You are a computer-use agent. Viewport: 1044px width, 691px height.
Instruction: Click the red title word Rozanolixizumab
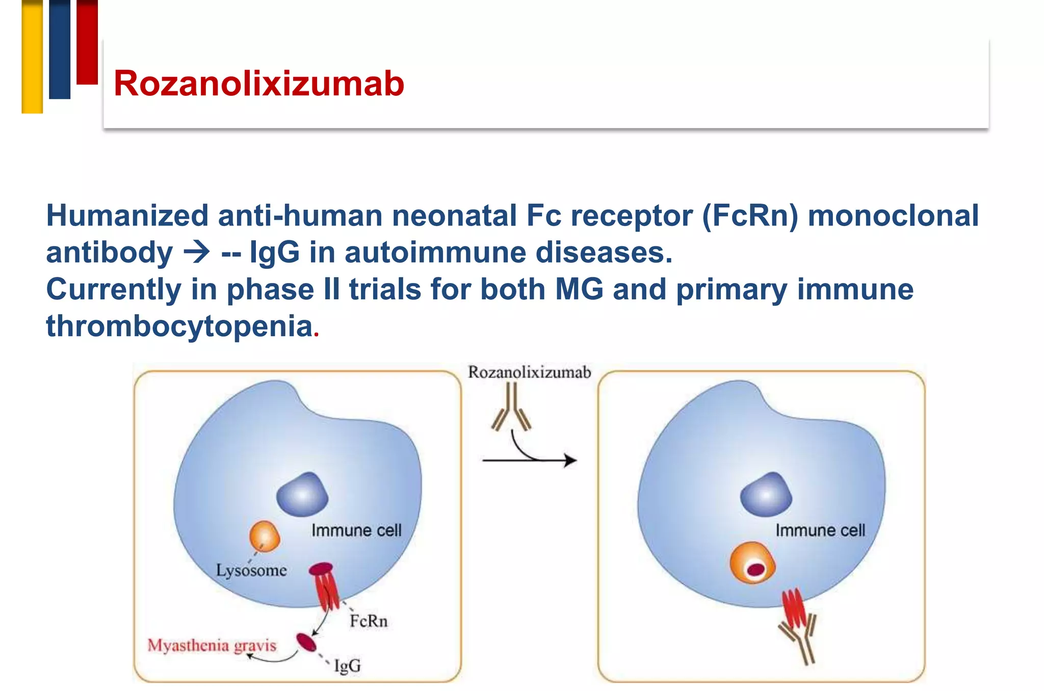tap(259, 84)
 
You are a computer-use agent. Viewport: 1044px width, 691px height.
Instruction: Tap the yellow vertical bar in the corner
tap(32, 56)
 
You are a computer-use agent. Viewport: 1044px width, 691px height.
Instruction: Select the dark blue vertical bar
tap(60, 49)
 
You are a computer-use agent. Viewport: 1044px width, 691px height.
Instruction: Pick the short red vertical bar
tap(87, 42)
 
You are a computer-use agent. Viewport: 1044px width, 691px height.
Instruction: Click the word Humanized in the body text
tap(127, 215)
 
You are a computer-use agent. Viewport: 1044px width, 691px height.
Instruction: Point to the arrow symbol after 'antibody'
tap(197, 252)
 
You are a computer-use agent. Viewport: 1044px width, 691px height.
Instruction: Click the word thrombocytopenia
tap(179, 326)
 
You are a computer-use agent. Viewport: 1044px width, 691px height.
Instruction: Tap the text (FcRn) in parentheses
tap(749, 215)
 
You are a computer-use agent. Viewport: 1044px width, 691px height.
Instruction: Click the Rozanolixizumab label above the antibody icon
tap(529, 372)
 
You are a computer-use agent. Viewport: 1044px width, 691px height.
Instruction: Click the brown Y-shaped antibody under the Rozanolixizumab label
tap(512, 408)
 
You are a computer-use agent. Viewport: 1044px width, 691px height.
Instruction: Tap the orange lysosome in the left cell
tap(265, 536)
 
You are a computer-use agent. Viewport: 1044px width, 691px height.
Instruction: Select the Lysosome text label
tap(251, 570)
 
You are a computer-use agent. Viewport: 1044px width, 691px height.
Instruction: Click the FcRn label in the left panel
tap(369, 621)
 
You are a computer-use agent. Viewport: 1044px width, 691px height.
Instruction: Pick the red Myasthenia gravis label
tap(212, 646)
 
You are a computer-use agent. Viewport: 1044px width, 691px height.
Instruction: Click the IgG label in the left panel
tap(347, 666)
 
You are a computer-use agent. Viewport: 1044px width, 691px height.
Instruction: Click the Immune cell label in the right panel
tap(820, 530)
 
